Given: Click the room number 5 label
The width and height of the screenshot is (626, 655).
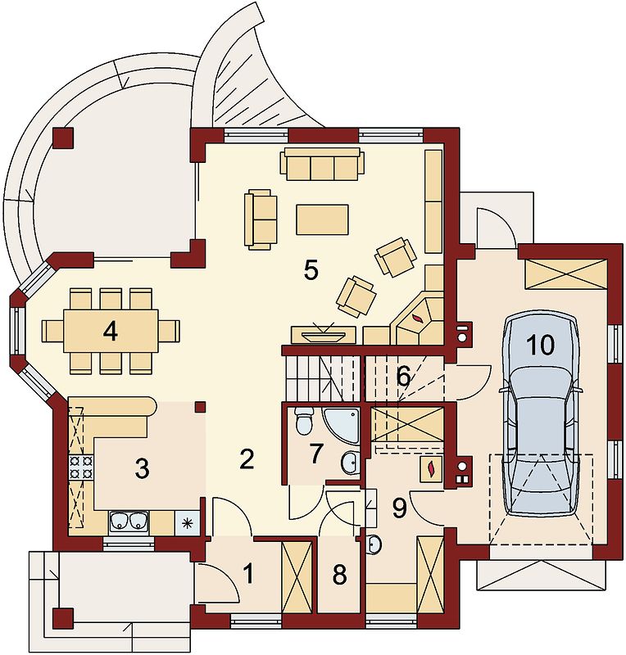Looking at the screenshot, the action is click(x=311, y=270).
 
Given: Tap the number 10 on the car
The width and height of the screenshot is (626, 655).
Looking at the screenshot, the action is click(x=541, y=345).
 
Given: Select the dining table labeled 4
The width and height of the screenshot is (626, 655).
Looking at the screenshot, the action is click(x=111, y=331).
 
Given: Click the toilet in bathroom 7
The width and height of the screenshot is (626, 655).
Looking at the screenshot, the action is click(x=304, y=420).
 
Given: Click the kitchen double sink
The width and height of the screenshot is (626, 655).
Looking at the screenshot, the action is click(x=129, y=522).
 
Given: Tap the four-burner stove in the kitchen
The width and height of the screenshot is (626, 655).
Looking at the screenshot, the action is click(x=80, y=468).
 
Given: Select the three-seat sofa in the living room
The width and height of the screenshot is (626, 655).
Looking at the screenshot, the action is click(x=322, y=163).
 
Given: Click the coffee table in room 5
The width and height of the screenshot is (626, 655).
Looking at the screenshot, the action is click(x=322, y=219).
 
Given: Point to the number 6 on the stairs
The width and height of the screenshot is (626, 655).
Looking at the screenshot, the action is click(x=403, y=377).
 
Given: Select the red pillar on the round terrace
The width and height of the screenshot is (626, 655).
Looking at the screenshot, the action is click(x=64, y=138).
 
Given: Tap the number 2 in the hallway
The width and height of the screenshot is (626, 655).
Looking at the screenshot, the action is click(x=247, y=459).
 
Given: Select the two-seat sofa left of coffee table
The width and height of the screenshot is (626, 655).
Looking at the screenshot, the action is click(x=261, y=219).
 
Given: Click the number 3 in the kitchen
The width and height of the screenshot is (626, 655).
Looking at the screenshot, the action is click(x=143, y=468).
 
